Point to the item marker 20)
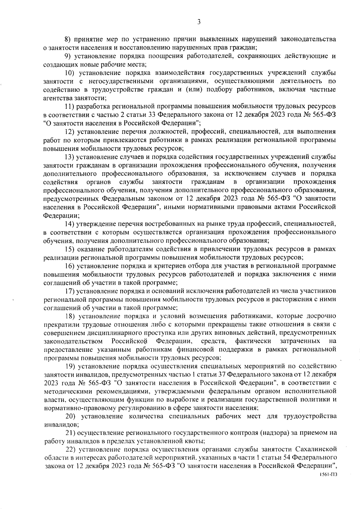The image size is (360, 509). point(70,416)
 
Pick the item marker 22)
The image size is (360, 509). point(71,449)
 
